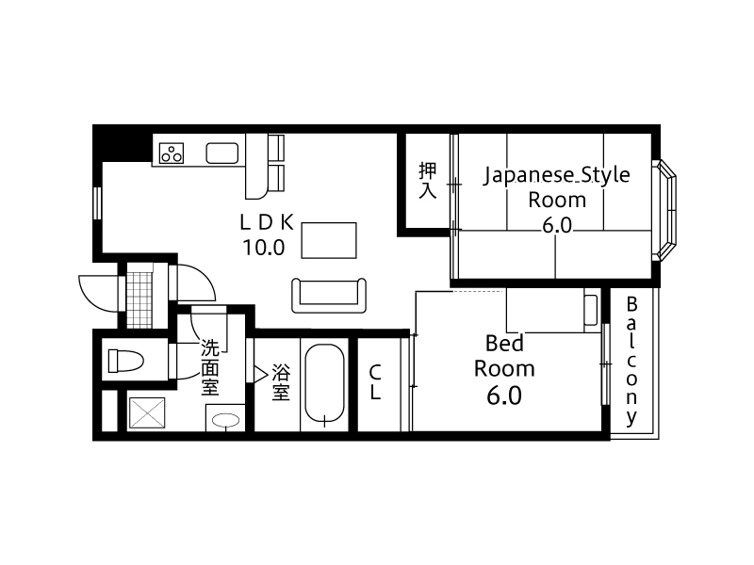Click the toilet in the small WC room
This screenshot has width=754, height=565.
(125, 361)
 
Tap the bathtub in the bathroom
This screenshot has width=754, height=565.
(324, 384)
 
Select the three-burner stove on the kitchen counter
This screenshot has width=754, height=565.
(172, 153)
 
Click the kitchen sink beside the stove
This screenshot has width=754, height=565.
(222, 153)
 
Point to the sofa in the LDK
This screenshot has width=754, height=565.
(329, 296)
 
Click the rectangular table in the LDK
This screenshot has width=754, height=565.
(329, 240)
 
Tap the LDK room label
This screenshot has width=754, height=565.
(267, 222)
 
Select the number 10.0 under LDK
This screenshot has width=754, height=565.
(264, 248)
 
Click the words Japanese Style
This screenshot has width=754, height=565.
(556, 175)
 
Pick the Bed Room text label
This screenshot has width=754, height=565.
(504, 356)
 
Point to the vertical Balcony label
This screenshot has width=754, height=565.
(631, 362)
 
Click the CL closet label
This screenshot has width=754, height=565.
(375, 382)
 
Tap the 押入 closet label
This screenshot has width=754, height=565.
(428, 181)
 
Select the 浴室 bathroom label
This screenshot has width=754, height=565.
(281, 382)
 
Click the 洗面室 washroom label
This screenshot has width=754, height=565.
(209, 367)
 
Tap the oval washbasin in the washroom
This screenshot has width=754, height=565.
(225, 420)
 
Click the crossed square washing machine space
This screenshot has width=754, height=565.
(147, 412)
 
